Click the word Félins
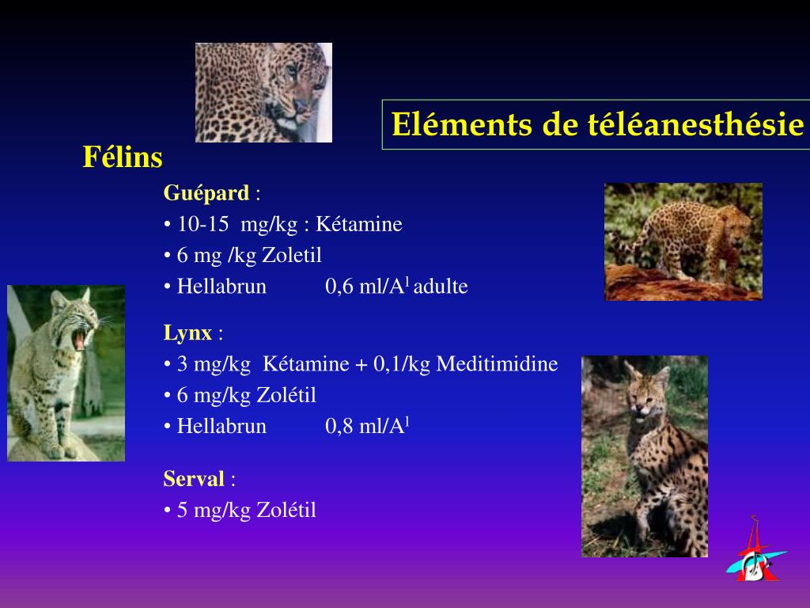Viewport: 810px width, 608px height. (x=123, y=158)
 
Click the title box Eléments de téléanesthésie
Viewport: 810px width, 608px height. (x=597, y=125)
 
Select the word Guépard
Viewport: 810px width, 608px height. (x=206, y=193)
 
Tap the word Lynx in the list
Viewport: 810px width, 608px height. (x=187, y=333)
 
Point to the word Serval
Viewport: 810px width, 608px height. (x=194, y=479)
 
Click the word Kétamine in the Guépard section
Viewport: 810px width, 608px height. (x=359, y=225)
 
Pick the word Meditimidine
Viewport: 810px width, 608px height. (x=497, y=364)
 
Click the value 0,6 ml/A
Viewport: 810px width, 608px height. (x=365, y=287)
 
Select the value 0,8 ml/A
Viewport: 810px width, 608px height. (x=365, y=427)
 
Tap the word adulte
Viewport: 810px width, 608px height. (x=441, y=287)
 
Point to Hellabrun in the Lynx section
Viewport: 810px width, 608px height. (x=221, y=427)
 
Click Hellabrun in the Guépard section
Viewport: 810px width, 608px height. (x=221, y=287)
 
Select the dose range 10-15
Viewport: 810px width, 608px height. (x=203, y=225)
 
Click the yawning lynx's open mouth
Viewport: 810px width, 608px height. (x=79, y=338)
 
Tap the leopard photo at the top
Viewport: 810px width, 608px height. (x=263, y=93)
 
